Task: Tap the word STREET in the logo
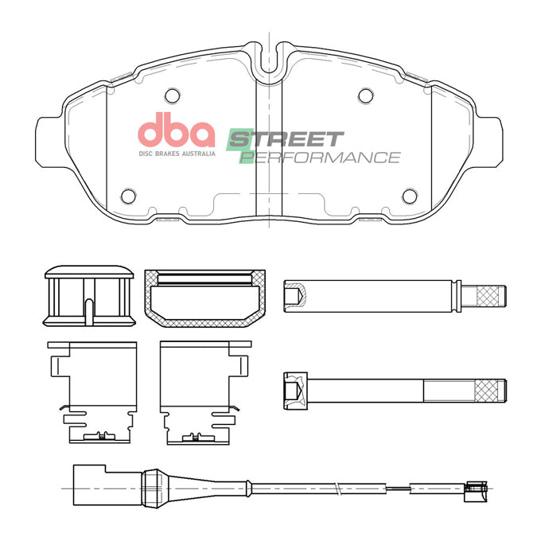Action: pyautogui.click(x=286, y=140)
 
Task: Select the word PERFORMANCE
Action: pyautogui.click(x=320, y=157)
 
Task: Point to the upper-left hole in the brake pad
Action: pyautogui.click(x=172, y=95)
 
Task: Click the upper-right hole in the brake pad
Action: pyautogui.click(x=365, y=95)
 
